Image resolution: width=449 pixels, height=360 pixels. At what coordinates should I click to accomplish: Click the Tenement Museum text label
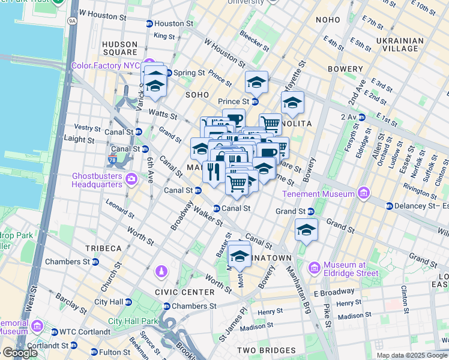(x=327, y=194)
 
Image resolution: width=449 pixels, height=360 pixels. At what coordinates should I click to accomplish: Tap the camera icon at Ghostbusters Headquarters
(x=131, y=179)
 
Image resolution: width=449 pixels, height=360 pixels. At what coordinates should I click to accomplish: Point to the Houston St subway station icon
(x=149, y=23)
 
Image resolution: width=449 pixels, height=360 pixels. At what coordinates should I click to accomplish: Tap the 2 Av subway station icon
(x=362, y=116)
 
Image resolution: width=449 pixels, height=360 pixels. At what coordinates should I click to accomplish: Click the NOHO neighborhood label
(x=328, y=20)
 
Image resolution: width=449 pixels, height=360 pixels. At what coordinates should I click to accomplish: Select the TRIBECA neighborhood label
(x=103, y=248)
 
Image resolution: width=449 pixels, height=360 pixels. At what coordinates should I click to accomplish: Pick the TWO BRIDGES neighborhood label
(x=266, y=350)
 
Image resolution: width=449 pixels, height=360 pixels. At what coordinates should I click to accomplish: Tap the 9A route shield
(x=73, y=20)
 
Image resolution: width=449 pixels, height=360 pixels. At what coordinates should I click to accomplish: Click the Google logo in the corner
(x=20, y=352)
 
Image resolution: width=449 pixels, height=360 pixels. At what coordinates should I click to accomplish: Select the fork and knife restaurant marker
(x=214, y=172)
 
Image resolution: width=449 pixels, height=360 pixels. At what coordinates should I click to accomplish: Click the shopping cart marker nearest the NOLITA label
(x=271, y=124)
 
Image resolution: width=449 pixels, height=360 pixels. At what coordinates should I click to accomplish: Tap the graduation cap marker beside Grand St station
(x=306, y=230)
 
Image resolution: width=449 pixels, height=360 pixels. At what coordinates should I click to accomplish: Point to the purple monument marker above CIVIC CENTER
(x=161, y=272)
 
